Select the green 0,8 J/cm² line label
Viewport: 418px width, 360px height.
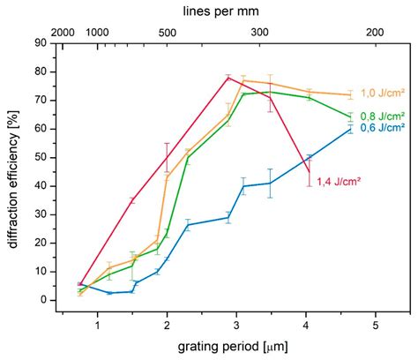tap(382, 115)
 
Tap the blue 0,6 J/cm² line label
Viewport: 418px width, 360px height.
tap(382, 128)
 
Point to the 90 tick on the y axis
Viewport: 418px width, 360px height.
tap(41, 41)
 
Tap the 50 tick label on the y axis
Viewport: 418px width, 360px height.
tap(41, 156)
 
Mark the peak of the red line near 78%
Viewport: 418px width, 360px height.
tap(228, 77)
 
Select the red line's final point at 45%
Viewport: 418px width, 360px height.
tap(309, 171)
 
